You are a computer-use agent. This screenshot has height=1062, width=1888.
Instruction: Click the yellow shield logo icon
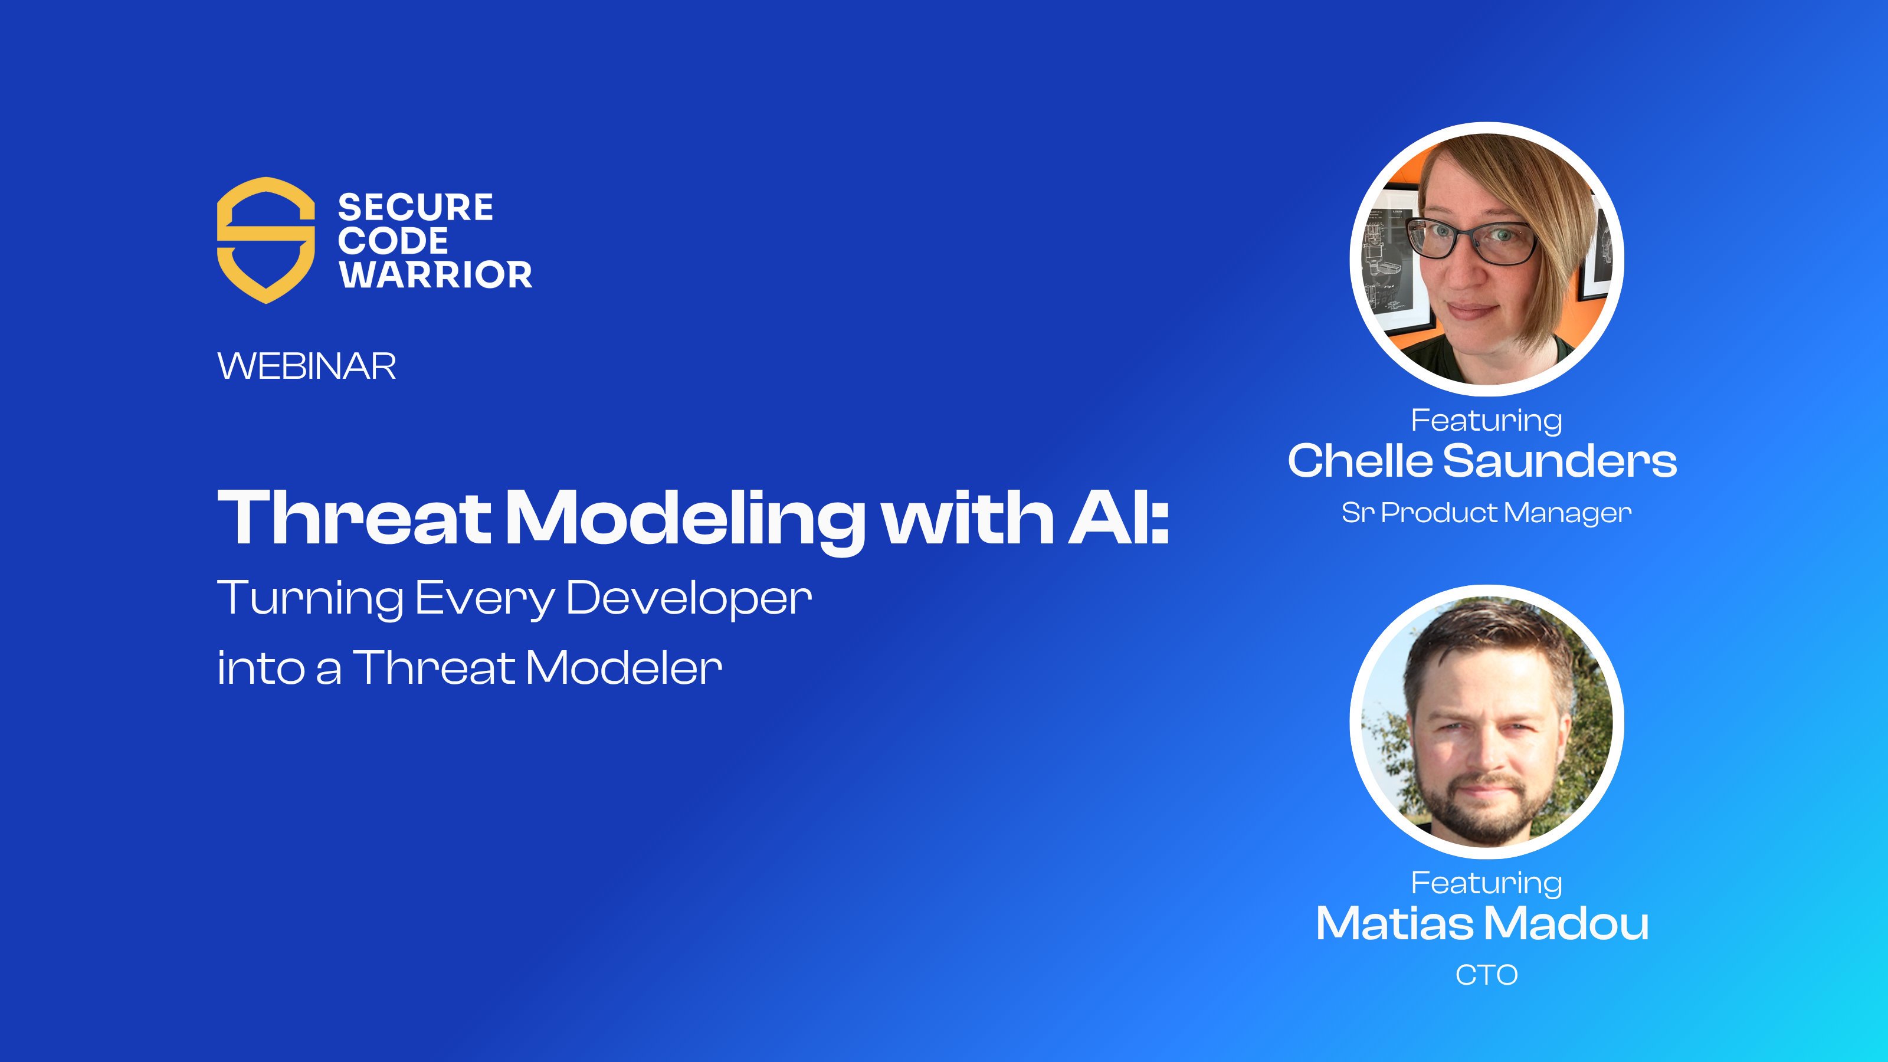pos(265,240)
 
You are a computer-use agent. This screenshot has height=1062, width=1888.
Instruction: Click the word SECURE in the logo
pos(415,208)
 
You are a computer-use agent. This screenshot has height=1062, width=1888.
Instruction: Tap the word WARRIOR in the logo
pos(435,275)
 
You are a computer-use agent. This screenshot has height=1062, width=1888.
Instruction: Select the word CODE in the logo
pos(393,241)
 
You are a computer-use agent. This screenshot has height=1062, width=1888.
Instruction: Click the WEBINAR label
pos(306,366)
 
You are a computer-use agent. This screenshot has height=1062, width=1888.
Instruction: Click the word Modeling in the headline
pos(685,519)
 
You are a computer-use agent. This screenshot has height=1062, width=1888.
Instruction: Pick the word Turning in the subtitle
pos(309,598)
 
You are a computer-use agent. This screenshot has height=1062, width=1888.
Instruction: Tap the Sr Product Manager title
pos(1486,512)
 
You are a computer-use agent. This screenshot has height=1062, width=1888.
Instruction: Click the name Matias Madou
pos(1482,923)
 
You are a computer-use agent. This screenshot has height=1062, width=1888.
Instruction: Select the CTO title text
pos(1486,975)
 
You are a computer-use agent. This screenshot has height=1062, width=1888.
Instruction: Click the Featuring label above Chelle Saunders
pos(1486,420)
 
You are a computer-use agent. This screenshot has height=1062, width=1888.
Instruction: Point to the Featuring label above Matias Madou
pos(1486,883)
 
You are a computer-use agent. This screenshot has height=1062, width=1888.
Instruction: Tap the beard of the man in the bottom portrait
pos(1480,814)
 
